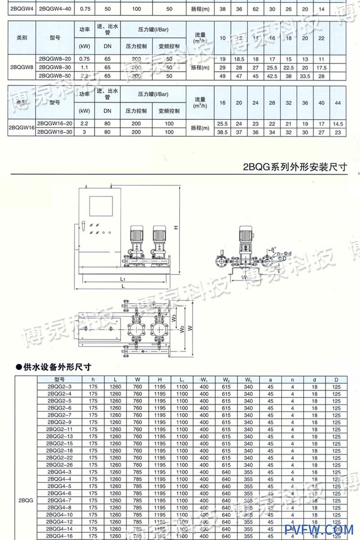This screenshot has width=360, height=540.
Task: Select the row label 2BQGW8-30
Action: (55, 67)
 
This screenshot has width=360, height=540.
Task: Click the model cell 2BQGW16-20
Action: (55, 123)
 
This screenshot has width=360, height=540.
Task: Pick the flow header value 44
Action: (338, 103)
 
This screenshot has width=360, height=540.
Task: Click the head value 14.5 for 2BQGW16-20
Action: (338, 123)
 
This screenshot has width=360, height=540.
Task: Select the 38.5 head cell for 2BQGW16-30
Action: (222, 132)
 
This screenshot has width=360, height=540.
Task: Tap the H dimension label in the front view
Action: (177, 227)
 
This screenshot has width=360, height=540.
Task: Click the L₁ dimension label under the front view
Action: (123, 279)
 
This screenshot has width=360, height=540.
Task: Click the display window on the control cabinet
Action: (101, 206)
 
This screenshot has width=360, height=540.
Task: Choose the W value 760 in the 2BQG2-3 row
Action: (137, 387)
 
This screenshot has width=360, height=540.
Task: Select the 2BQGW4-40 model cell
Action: (55, 9)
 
